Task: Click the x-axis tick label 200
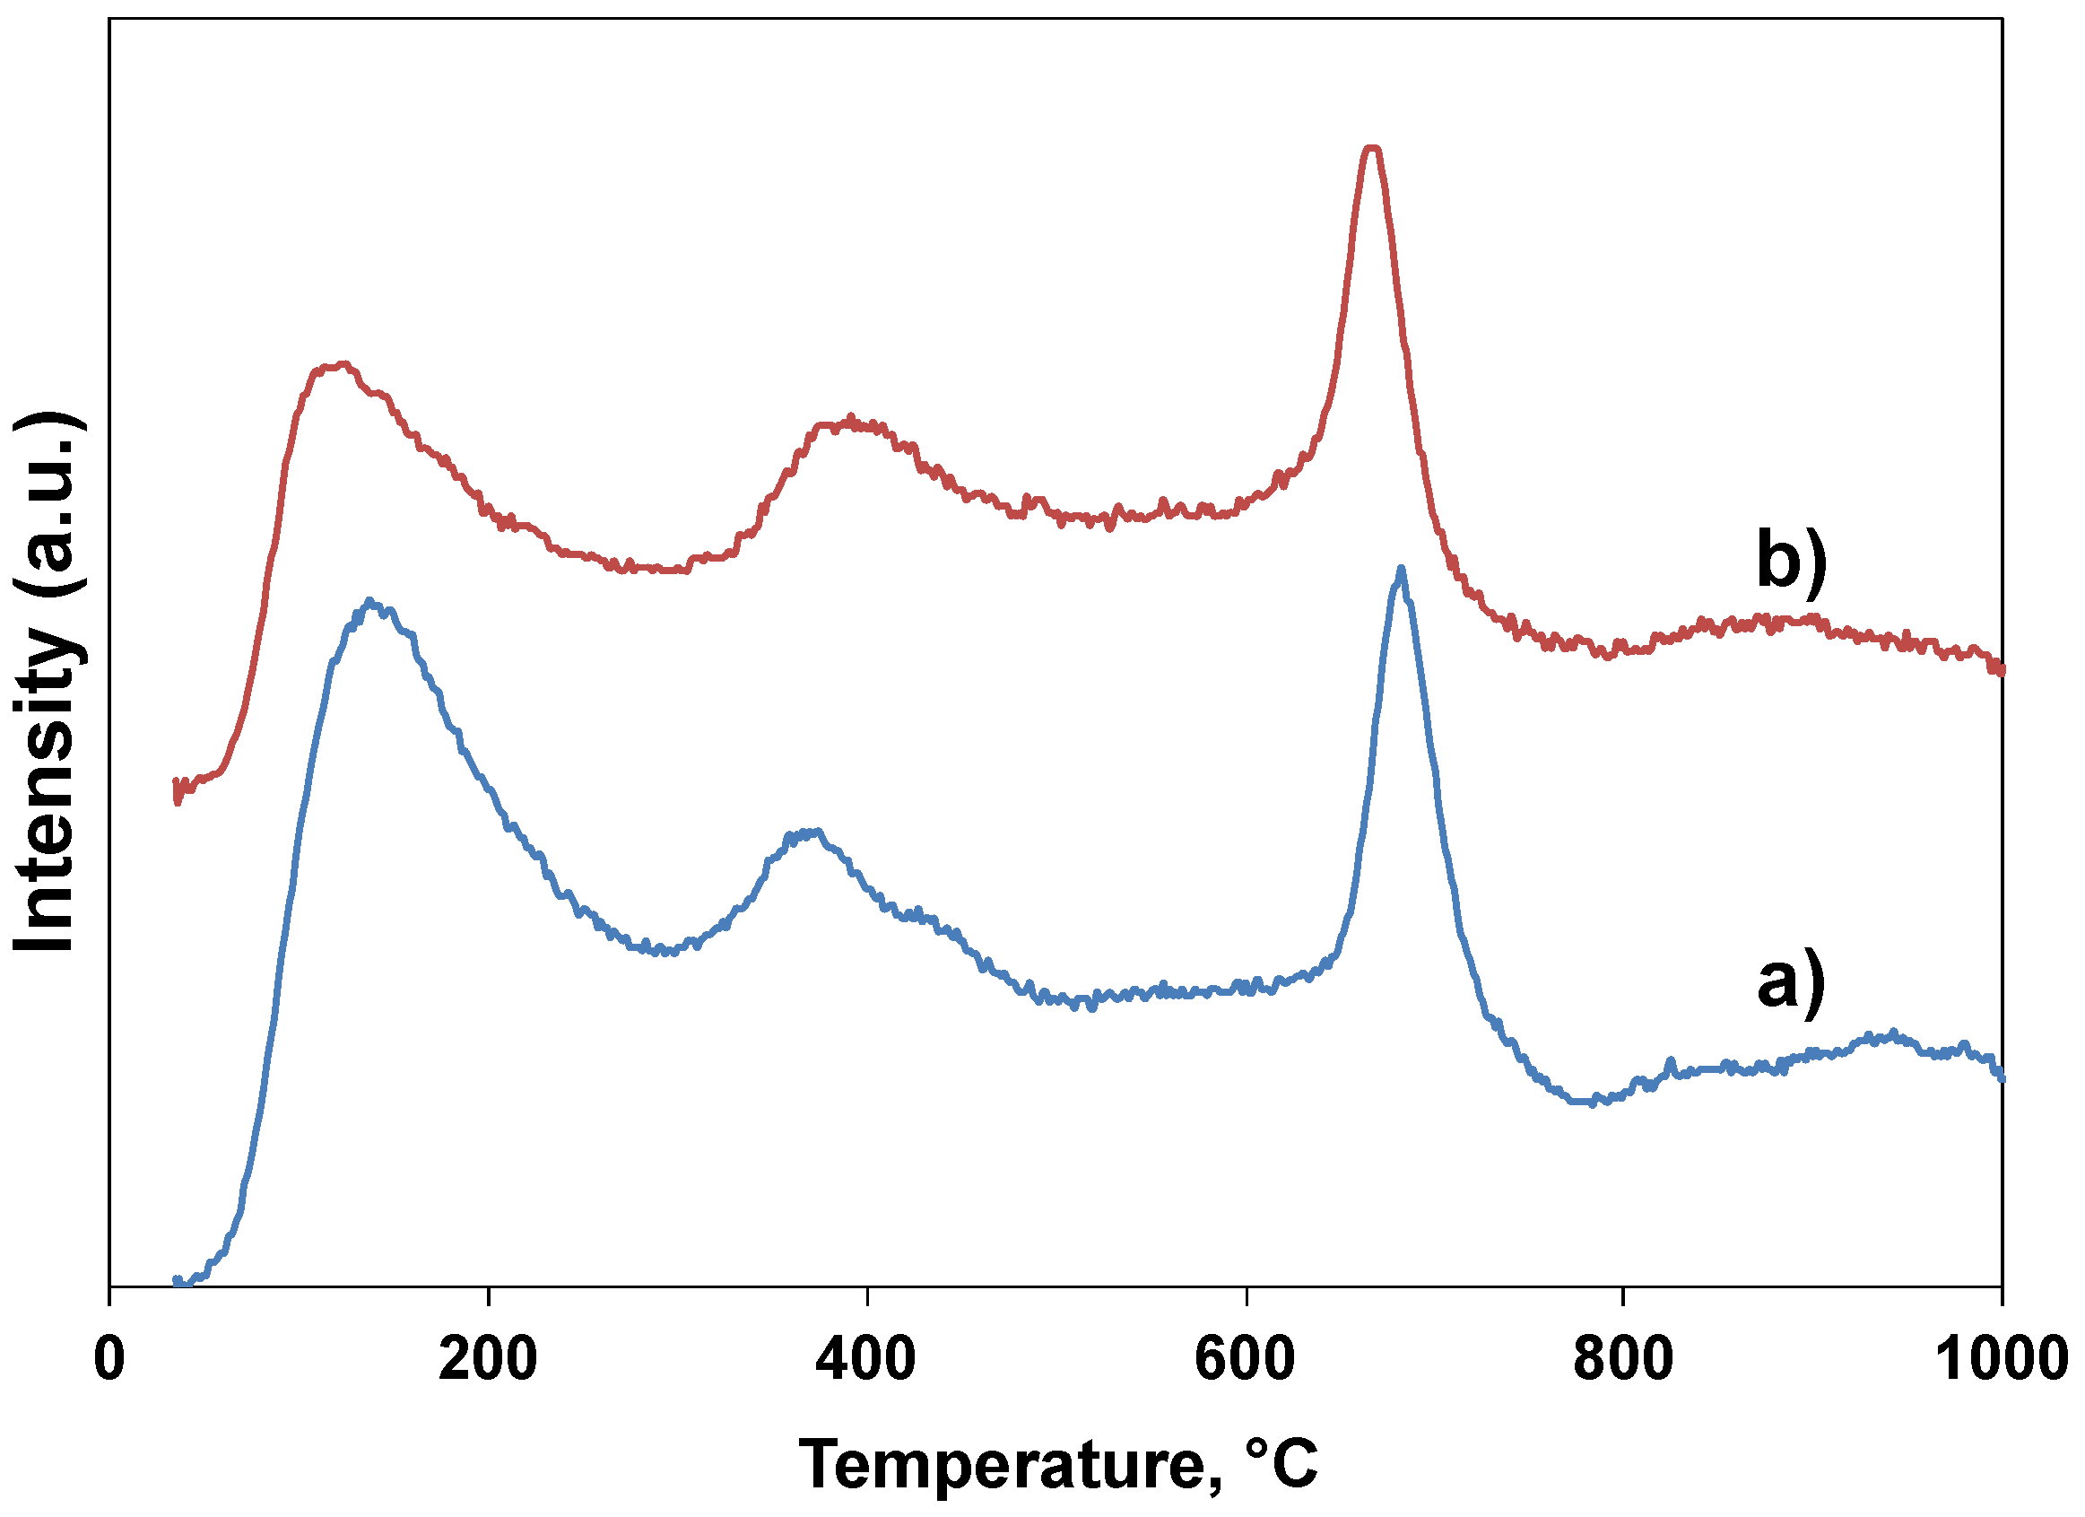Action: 487,1359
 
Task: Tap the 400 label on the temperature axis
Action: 866,1359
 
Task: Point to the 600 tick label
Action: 1245,1359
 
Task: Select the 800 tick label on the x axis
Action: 1623,1359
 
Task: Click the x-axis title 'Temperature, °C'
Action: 1057,1464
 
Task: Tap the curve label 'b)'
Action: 1791,558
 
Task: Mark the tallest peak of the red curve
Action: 1371,148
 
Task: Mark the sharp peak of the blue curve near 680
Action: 1400,570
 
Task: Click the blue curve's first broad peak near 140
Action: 369,602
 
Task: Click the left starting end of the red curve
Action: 177,789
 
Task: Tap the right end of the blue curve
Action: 2002,1077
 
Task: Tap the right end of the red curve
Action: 2002,671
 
